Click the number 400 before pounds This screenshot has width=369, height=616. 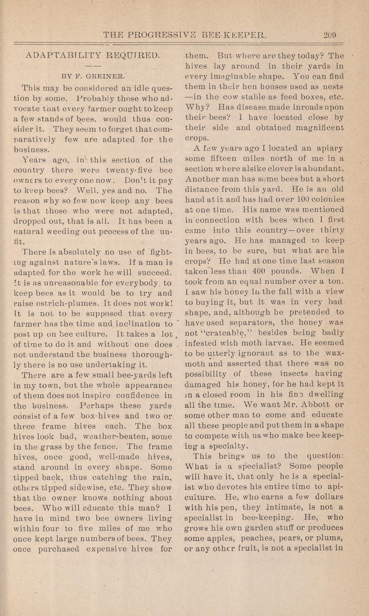click(x=273, y=271)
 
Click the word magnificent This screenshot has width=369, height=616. click(x=322, y=128)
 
